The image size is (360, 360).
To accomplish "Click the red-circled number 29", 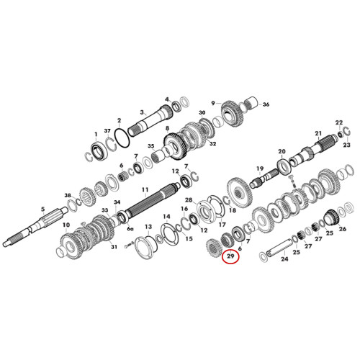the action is click(230, 256).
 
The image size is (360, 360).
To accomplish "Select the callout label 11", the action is click(145, 190).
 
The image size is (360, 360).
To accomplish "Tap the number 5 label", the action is click(42, 210).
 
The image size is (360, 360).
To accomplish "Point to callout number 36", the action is click(266, 104).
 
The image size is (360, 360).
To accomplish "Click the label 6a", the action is click(130, 229).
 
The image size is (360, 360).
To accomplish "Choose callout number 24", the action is click(284, 259).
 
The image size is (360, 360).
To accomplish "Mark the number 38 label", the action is click(68, 196).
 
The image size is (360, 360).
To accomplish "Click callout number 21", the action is click(318, 133).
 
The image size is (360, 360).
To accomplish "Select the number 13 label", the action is click(148, 227).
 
